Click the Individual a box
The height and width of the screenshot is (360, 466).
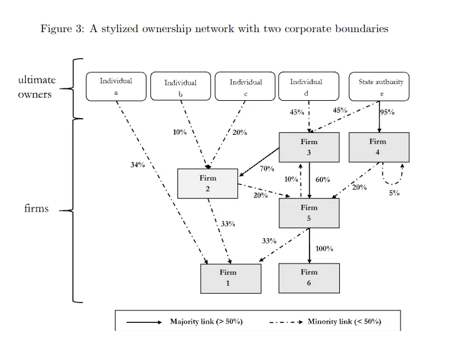[x=116, y=86]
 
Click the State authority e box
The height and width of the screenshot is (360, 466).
[x=380, y=87]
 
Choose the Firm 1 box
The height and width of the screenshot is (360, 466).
[x=227, y=278]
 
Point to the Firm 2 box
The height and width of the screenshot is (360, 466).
[x=208, y=183]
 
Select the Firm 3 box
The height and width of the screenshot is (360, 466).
[x=309, y=147]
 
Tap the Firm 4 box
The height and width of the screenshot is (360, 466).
[x=377, y=147]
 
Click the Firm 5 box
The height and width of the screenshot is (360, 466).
[x=309, y=213]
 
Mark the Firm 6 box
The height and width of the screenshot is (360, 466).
[x=309, y=278]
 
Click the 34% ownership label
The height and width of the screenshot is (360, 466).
[x=137, y=165]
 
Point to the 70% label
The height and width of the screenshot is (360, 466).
[x=267, y=168]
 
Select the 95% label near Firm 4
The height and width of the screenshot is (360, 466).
[x=388, y=112]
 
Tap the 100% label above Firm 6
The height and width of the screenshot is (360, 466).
[x=324, y=249]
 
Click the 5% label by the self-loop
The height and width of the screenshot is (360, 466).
[x=394, y=193]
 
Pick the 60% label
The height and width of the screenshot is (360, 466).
[x=323, y=179]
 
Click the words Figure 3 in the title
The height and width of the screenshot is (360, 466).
[x=62, y=28]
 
